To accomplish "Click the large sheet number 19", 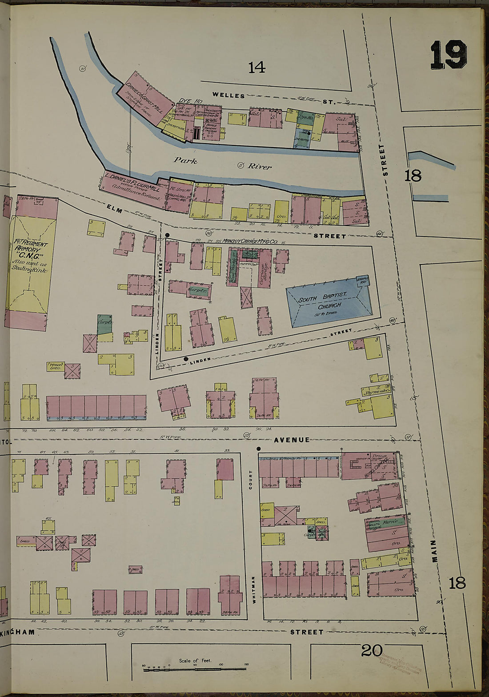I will (x=448, y=55).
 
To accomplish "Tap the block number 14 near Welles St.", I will (x=257, y=68).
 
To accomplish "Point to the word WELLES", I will (x=228, y=95).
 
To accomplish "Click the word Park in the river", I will (x=185, y=160).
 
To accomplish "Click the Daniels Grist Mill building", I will (x=144, y=97).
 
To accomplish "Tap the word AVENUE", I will (x=292, y=440).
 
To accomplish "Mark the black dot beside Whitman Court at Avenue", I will (x=258, y=449).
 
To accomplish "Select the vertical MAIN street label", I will (x=434, y=551).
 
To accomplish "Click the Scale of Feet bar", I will (x=195, y=669).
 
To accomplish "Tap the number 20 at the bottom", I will (x=371, y=651).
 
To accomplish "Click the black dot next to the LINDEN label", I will (x=186, y=359).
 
